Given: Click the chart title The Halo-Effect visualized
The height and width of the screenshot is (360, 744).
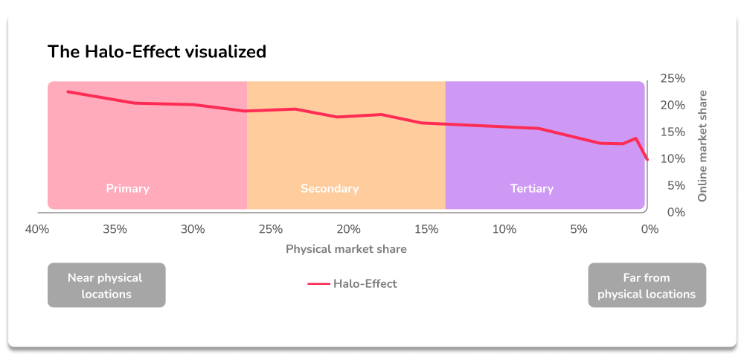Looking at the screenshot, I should coord(156,51).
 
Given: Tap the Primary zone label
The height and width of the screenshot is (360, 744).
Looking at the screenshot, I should coord(128,188).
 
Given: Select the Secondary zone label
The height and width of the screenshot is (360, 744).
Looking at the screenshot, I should coord(330,188).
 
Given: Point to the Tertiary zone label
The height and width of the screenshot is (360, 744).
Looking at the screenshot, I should coord(532,188).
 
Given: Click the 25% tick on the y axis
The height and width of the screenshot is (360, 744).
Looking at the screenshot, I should coord(673,78).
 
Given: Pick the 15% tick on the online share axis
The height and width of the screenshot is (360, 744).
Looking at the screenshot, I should coord(673,132).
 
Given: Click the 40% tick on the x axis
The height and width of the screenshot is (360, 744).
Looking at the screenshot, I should coord(37,229).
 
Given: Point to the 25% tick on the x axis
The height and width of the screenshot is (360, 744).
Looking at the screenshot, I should coord(270,229).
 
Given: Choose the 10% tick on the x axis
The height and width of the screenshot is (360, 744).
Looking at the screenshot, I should coord(504,229).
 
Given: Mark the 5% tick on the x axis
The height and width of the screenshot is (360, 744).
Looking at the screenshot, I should coord(579,229).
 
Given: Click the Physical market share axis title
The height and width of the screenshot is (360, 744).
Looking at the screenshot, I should coord(346,249).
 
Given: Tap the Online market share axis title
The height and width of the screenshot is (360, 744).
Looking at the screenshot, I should coord(702,146).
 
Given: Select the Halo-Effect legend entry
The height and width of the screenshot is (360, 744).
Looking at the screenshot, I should coord(352,283).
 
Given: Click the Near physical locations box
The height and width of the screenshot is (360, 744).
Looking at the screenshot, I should coord(106,286).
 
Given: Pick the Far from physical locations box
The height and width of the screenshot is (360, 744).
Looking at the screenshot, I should coord(647,286).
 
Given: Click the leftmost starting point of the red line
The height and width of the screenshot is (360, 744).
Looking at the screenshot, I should coord(68,91).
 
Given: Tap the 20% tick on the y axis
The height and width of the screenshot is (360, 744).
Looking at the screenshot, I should coord(673,105).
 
